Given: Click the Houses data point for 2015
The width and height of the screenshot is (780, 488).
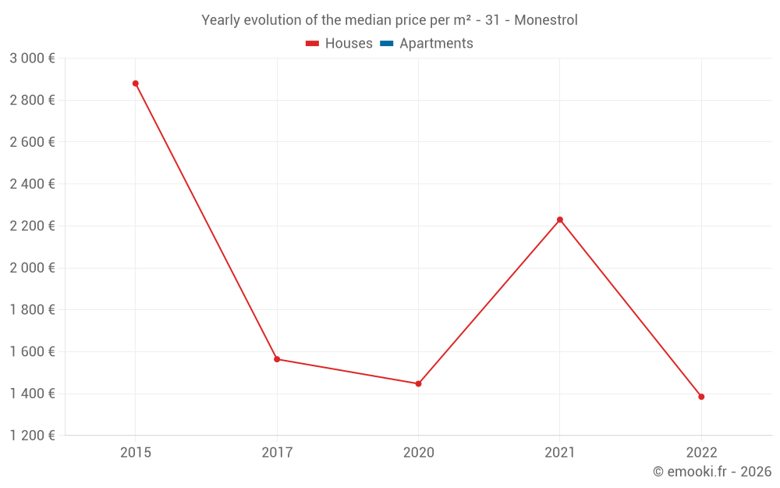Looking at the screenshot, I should (136, 84).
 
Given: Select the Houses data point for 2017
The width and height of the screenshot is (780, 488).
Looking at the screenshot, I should (277, 359).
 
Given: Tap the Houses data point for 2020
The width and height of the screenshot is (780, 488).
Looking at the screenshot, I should (418, 383).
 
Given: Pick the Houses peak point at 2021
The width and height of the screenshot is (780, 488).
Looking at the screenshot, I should (560, 219).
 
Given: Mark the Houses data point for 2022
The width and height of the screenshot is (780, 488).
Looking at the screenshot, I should (701, 397).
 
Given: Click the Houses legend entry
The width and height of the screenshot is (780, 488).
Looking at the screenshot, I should (339, 44).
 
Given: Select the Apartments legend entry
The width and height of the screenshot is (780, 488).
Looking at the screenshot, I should (427, 44).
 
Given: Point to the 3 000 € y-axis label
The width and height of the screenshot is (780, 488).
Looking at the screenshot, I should (32, 59).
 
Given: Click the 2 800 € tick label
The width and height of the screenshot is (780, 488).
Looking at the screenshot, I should (32, 100).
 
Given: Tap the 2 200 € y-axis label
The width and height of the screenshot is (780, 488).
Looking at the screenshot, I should (32, 226).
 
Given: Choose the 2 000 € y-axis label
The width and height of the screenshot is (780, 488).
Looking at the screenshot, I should (32, 268).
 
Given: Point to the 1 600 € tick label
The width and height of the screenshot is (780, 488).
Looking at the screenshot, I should (32, 351).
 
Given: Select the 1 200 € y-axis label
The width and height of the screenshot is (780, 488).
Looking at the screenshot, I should (32, 436).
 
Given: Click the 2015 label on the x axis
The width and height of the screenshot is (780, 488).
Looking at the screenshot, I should (136, 453).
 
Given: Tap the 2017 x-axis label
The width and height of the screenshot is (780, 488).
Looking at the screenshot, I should (277, 453).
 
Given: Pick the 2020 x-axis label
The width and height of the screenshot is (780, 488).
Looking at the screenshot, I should (418, 453).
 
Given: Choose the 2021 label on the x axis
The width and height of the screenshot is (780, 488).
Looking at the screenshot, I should (560, 453).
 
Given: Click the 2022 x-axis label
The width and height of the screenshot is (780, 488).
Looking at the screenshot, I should (701, 453).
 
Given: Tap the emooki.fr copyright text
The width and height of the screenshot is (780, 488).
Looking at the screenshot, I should (712, 472).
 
